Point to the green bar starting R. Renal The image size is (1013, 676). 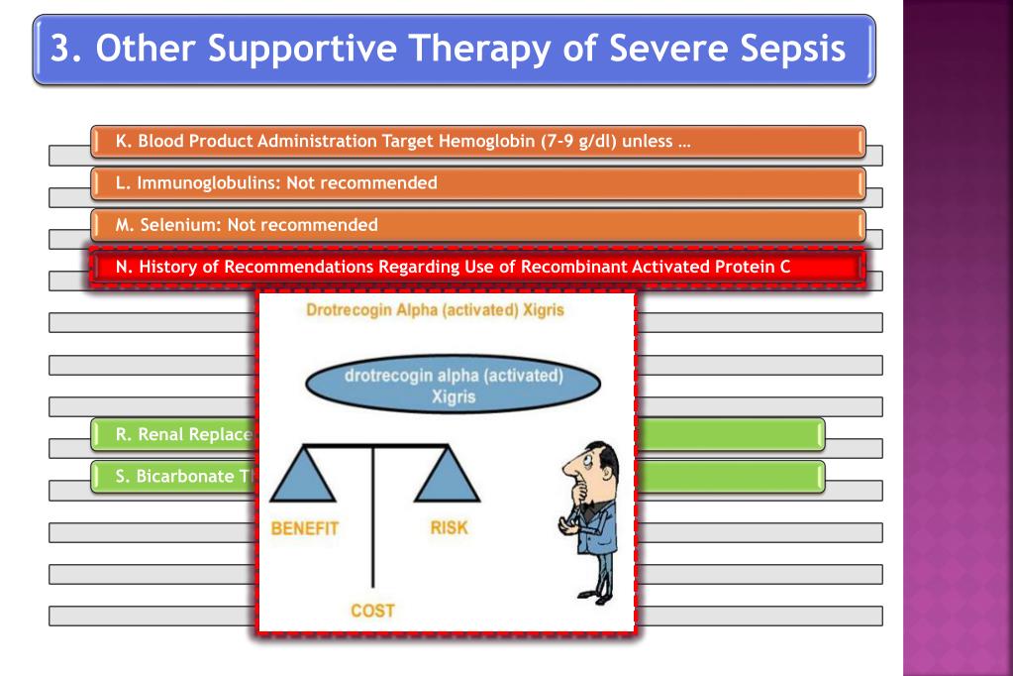[173, 434]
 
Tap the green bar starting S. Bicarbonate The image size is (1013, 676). [173, 476]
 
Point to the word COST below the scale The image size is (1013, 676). [372, 611]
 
